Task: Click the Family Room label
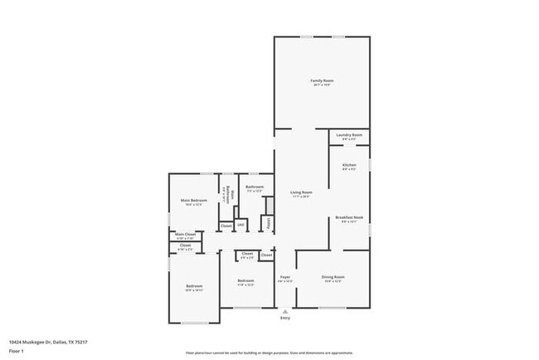321,80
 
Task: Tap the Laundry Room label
349,134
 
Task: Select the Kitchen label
349,165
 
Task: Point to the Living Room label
300,192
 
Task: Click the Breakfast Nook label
349,217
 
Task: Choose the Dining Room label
333,277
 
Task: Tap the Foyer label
284,277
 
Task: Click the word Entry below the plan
285,318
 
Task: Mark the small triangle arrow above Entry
285,311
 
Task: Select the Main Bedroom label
193,201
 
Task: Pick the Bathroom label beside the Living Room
255,187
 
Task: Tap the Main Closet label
185,235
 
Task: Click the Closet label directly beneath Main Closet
185,245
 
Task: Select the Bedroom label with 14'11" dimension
193,286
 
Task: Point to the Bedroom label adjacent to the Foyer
245,280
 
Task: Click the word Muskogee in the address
36,341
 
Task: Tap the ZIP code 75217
80,341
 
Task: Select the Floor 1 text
16,352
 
